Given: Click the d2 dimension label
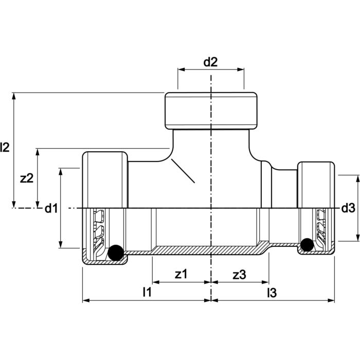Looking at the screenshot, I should (210, 62).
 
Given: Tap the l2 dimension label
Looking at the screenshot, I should (5, 148).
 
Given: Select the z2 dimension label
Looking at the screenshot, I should (27, 178).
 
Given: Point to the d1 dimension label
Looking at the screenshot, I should (50, 208).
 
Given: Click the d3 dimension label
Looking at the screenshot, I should (348, 208).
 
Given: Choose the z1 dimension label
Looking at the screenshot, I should (182, 275).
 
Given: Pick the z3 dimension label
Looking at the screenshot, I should (239, 275).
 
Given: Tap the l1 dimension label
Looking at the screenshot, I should (147, 292).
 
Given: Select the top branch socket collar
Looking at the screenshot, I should (211, 111).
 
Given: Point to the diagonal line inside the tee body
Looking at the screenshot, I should (183, 171).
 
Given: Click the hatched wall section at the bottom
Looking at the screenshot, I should (206, 250).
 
